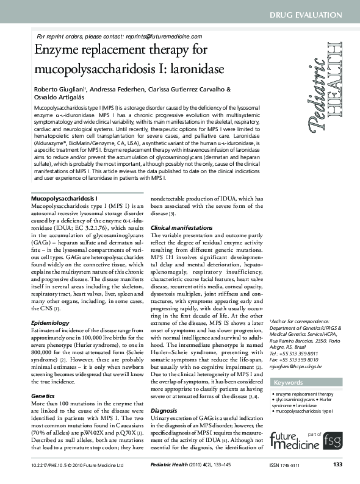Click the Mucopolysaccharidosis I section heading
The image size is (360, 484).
(x=64, y=199)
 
